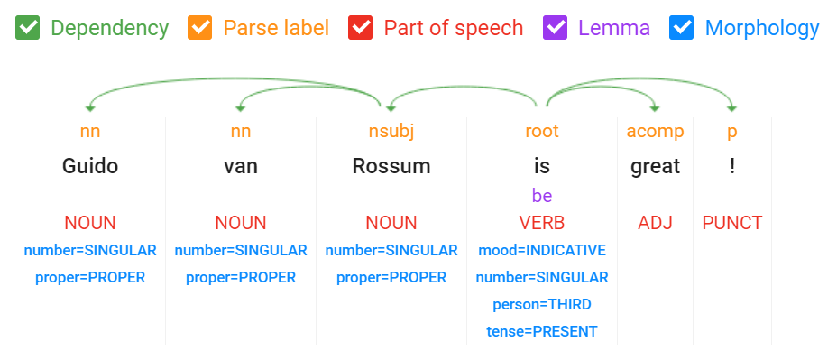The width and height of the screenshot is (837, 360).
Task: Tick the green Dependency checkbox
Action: pos(28,28)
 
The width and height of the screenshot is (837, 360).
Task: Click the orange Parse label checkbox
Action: pos(199,28)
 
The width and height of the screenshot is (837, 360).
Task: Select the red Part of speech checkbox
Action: pos(362,28)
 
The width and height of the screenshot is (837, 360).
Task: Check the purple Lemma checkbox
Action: pos(555,28)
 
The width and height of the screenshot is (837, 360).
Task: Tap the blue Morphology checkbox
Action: pos(682,28)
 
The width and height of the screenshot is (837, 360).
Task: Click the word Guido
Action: pos(90,166)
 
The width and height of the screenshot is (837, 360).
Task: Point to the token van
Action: pos(241,166)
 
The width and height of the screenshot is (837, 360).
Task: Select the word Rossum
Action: pos(391,166)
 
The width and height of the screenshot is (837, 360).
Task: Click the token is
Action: pos(542,166)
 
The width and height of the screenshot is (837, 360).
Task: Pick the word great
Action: pos(656,166)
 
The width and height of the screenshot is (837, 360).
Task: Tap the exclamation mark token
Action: pos(732,166)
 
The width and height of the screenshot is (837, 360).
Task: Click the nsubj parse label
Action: pos(391,132)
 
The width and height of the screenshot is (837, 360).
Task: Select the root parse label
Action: pos(542,132)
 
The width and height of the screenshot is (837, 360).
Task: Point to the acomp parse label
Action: pos(656,132)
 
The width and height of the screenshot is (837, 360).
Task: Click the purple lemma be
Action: pos(542,196)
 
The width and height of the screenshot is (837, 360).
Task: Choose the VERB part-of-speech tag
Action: pos(542,223)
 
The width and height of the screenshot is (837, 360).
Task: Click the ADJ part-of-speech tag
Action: pos(656,223)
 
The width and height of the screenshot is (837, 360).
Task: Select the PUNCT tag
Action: pos(732,223)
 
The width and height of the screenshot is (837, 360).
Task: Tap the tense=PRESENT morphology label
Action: pos(542,331)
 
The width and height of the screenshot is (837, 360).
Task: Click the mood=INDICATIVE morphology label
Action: pos(542,250)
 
